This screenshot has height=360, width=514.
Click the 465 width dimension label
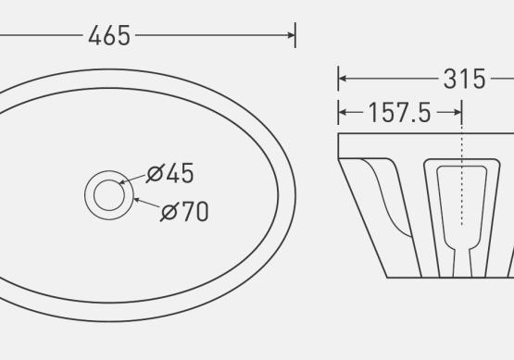109,35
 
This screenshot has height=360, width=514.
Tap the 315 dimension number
464,79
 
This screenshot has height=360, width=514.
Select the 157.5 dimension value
399,113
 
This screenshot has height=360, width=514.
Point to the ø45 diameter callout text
170,173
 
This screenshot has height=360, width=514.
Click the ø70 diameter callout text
184,211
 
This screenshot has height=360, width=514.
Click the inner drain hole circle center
109,195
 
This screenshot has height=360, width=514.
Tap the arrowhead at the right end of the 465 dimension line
292,35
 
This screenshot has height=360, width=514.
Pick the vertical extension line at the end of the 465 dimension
295,35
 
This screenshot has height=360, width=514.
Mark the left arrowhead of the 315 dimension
343,79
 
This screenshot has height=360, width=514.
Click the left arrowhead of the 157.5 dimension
343,113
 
